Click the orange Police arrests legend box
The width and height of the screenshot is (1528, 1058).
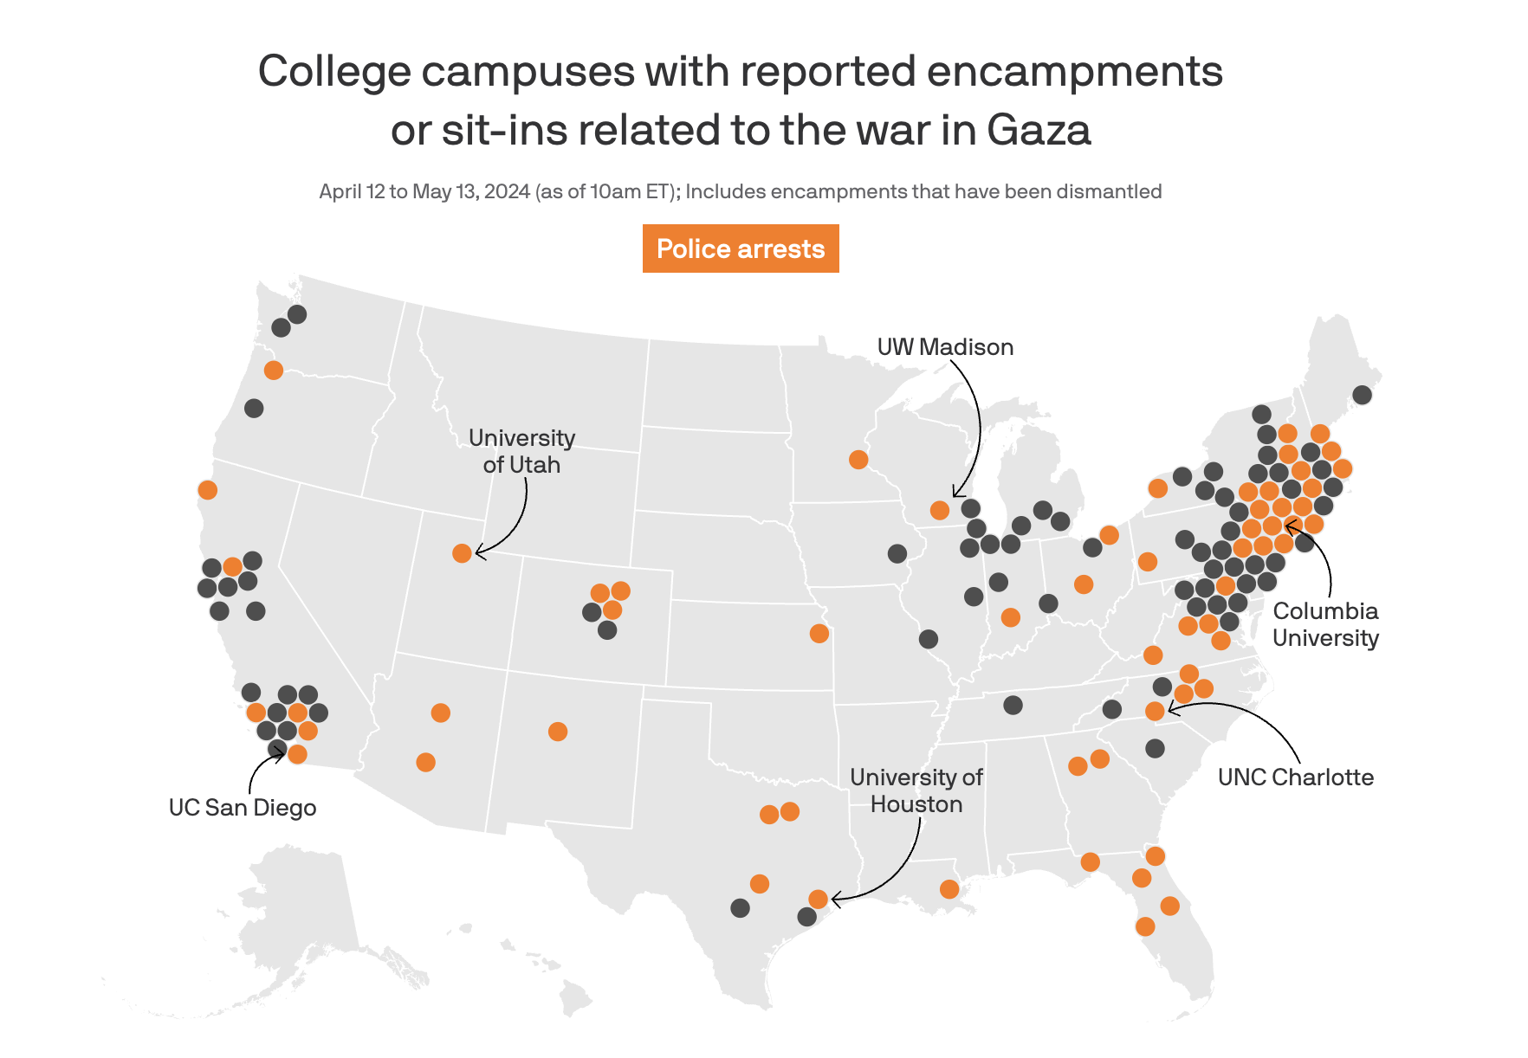[x=741, y=248]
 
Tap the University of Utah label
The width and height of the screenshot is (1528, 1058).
[x=521, y=451]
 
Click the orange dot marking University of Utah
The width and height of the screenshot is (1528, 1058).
[x=462, y=552]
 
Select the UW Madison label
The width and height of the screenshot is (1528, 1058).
[x=945, y=347]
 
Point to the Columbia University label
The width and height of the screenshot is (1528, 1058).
[x=1325, y=624]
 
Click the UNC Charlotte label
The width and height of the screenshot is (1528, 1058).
[x=1295, y=777]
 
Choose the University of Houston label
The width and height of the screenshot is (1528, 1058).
[x=916, y=790]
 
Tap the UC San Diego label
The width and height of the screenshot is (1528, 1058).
[x=243, y=807]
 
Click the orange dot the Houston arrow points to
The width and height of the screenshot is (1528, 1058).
[x=818, y=899]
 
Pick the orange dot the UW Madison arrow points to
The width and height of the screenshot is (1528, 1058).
[x=940, y=510]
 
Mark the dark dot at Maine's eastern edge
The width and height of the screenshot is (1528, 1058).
[x=1362, y=395]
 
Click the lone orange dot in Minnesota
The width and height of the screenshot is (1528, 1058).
[x=858, y=459]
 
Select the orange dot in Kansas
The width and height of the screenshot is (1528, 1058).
[x=819, y=633]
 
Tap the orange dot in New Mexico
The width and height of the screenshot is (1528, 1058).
[x=558, y=732]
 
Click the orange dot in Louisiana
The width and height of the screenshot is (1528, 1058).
[x=949, y=889]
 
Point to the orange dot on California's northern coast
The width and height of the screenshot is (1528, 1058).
[x=207, y=490]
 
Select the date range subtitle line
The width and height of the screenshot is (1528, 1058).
[x=740, y=191]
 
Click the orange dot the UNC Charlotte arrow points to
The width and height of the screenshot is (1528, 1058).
[x=1155, y=711]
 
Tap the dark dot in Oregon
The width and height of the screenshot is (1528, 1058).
[x=254, y=408]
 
